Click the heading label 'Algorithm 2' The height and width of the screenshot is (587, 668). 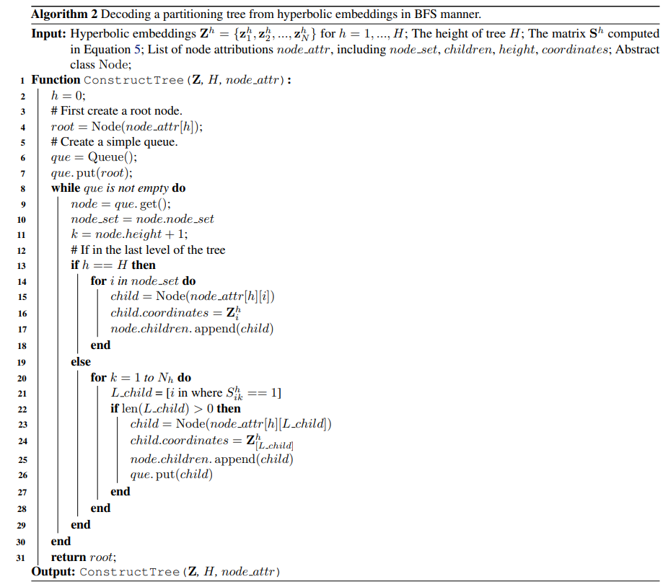coord(64,14)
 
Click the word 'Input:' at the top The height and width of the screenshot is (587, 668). coord(48,34)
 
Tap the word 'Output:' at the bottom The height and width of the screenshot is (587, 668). coord(53,571)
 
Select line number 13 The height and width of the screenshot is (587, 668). coord(22,266)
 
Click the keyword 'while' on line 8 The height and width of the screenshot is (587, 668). coord(66,188)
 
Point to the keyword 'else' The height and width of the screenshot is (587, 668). coord(81,362)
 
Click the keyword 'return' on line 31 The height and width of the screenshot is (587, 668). coord(68,557)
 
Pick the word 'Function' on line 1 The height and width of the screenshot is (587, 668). coord(56,79)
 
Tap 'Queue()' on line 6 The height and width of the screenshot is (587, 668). coord(113,157)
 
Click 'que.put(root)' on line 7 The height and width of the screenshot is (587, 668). coord(92,173)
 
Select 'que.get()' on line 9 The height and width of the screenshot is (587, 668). coord(143,204)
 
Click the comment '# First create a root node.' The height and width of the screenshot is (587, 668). coord(116,111)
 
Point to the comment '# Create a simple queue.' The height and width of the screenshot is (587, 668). coord(114,141)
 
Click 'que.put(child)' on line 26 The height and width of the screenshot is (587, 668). coord(171,474)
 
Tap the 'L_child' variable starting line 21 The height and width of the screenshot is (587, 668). coord(131,393)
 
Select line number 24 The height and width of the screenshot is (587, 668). coord(22,441)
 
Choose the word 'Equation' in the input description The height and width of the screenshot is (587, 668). coord(107,50)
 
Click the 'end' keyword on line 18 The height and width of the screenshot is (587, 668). coord(100,345)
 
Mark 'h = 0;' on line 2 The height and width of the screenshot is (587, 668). coord(68,95)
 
